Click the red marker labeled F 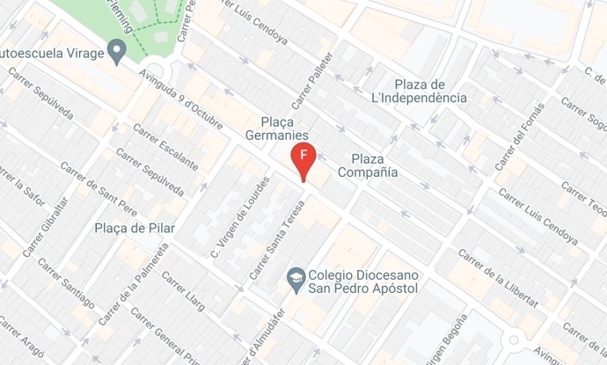pyautogui.click(x=303, y=159)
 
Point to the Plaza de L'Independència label pyautogui.click(x=430, y=91)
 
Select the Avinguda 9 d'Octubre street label pyautogui.click(x=177, y=99)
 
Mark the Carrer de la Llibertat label pyautogui.click(x=498, y=279)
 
